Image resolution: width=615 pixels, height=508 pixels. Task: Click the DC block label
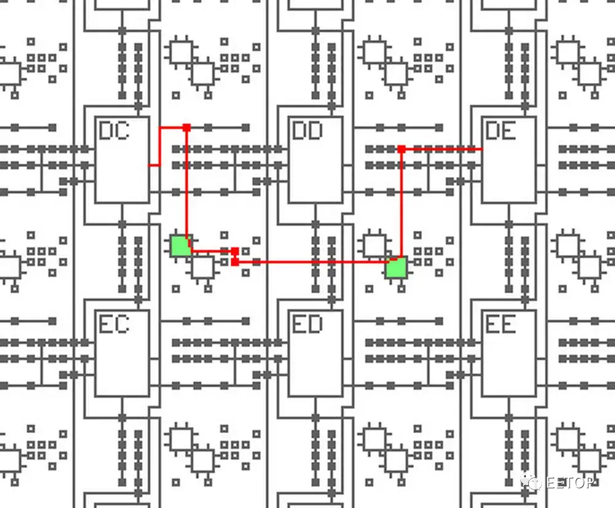(114, 131)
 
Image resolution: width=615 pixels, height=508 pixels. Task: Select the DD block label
(307, 131)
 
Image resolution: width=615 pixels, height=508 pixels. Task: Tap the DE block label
(501, 131)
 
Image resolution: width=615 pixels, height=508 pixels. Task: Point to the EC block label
(114, 324)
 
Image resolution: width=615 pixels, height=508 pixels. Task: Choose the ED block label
(307, 324)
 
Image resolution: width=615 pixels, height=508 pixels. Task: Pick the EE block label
(501, 324)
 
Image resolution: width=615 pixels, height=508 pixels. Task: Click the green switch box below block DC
(180, 245)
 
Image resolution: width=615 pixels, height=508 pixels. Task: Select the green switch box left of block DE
(397, 268)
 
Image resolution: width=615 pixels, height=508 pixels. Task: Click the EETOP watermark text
(569, 483)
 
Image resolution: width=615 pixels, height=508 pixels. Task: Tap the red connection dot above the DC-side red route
(186, 127)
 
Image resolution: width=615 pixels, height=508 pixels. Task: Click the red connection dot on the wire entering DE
(401, 149)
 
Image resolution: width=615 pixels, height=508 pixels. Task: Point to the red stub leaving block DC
(154, 165)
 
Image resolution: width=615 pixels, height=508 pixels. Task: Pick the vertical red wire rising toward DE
(401, 203)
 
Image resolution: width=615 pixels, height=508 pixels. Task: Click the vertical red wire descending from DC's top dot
(186, 185)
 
